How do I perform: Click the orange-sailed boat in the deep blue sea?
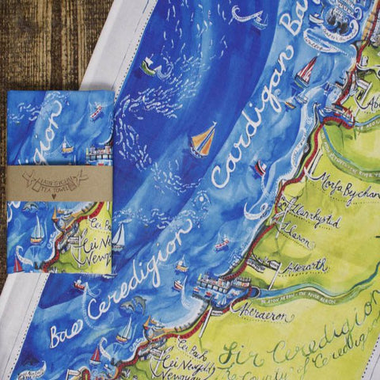point(203,140)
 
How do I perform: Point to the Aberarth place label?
point(302,266)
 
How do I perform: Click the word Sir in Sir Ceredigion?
point(235,351)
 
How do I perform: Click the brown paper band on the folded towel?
point(59,181)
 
